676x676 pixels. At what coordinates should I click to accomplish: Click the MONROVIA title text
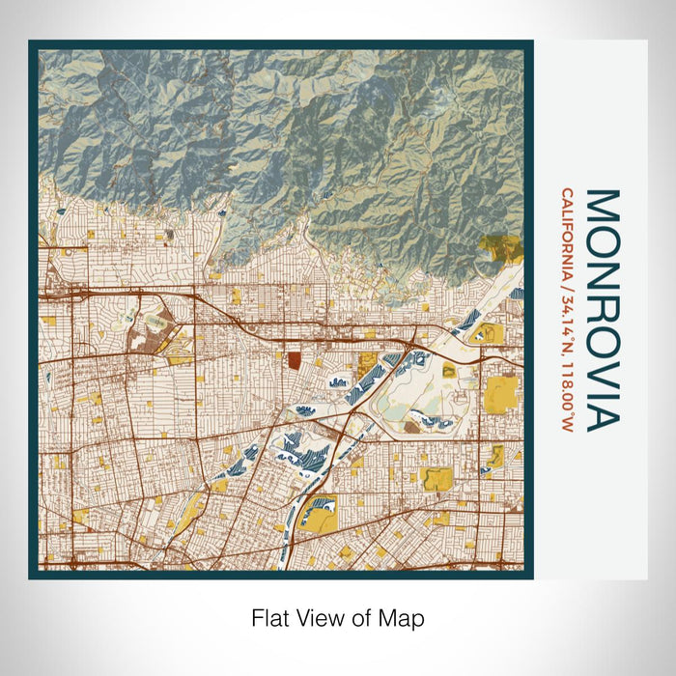[x=603, y=309]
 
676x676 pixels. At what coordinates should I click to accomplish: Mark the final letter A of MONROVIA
[x=603, y=415]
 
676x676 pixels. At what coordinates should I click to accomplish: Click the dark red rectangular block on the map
[x=295, y=362]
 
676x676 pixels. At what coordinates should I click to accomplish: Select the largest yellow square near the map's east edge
[x=500, y=394]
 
